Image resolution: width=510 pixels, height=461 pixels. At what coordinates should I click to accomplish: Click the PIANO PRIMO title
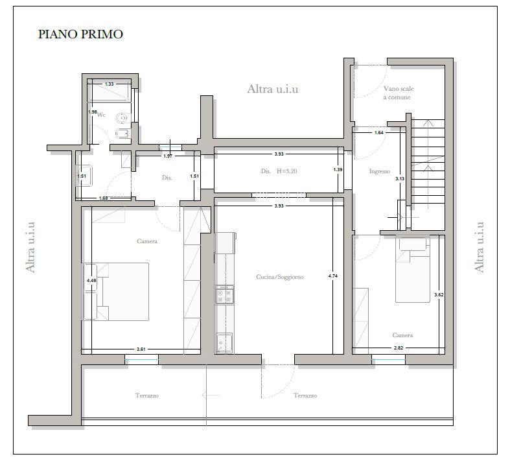(x=80, y=34)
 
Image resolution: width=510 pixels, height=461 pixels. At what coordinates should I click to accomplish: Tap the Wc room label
(x=102, y=115)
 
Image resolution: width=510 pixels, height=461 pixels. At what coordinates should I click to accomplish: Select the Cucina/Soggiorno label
(x=280, y=277)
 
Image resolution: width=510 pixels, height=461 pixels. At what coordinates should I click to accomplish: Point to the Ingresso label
(x=380, y=171)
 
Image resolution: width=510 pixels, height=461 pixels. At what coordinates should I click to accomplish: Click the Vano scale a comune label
(x=399, y=93)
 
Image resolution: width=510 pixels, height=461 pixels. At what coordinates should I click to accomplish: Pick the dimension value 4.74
(x=333, y=276)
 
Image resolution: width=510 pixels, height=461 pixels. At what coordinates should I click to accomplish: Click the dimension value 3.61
(x=141, y=349)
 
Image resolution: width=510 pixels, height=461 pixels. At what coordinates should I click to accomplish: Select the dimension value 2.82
(x=399, y=348)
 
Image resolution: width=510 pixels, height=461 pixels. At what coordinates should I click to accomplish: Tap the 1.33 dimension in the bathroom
(x=110, y=84)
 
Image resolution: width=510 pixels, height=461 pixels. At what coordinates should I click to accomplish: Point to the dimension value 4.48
(x=91, y=280)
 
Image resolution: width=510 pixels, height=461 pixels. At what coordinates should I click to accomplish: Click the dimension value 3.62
(x=439, y=295)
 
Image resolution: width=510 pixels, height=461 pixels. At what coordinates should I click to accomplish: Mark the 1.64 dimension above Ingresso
(x=379, y=132)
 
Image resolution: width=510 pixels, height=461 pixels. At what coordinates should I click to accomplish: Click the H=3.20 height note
(x=287, y=171)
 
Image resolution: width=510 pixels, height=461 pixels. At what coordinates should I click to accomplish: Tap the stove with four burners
(x=224, y=295)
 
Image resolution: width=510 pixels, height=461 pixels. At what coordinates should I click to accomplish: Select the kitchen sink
(x=224, y=342)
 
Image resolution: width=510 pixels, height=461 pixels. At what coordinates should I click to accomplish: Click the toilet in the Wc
(x=123, y=119)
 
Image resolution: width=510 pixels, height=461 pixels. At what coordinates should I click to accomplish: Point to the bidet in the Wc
(x=123, y=133)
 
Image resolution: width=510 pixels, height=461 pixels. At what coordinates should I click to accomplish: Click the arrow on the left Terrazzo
(x=211, y=396)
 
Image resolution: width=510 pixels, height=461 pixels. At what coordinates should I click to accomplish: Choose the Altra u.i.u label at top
(x=273, y=89)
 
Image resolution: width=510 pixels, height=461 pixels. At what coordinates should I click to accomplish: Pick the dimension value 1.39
(x=338, y=169)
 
